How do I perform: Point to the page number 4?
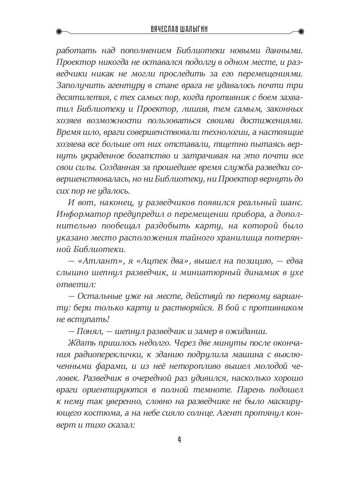click(180, 440)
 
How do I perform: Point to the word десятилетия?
click(80, 97)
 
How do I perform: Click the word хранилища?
click(241, 238)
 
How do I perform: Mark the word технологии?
click(214, 132)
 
